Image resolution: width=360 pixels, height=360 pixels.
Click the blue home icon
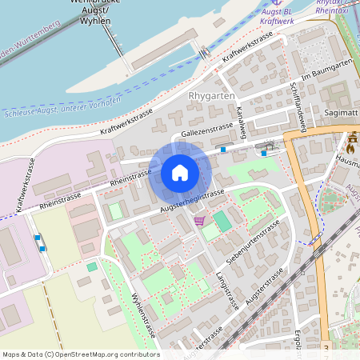pos(180,172)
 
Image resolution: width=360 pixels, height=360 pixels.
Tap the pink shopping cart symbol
pos(199,221)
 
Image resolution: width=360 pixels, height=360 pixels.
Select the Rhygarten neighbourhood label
pos(210,97)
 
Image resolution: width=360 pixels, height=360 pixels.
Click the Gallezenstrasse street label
pos(207,130)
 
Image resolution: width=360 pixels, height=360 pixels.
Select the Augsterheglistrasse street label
pos(192,200)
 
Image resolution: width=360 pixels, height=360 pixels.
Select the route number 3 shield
pos(326,348)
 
